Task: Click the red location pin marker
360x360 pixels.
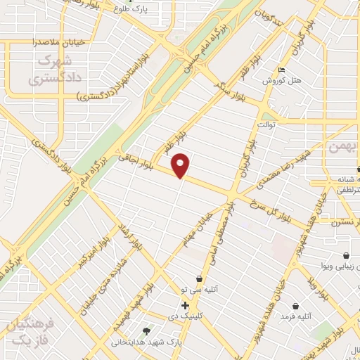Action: pyautogui.click(x=181, y=165)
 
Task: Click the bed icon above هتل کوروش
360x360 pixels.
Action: pyautogui.click(x=282, y=70)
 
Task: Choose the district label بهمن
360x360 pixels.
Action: pyautogui.click(x=344, y=146)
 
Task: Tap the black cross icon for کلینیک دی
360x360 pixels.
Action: pyautogui.click(x=185, y=306)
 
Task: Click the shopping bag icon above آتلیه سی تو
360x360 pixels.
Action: pyautogui.click(x=199, y=278)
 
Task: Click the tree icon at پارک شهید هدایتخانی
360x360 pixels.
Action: pyautogui.click(x=146, y=331)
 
